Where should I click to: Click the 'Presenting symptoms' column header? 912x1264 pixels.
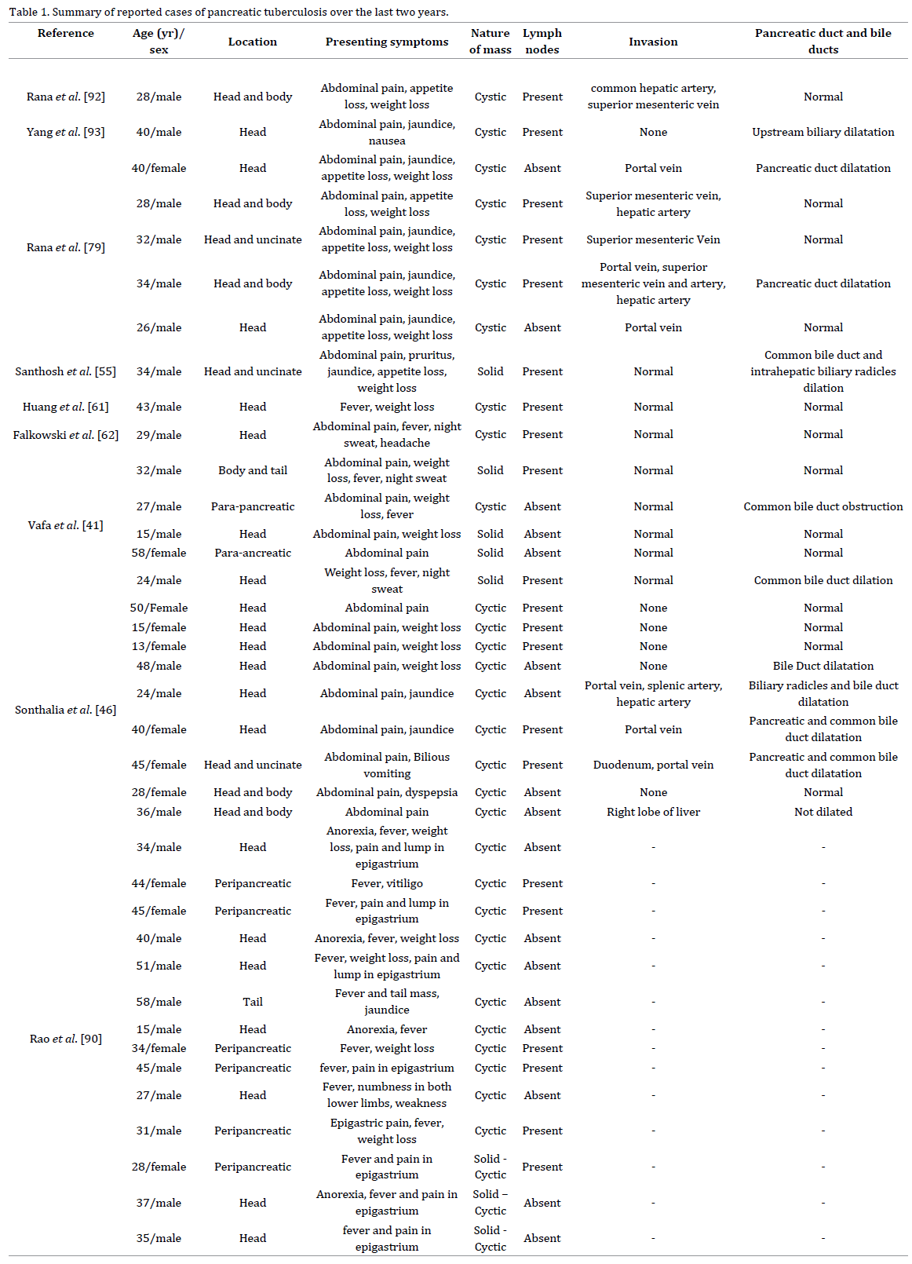[x=387, y=42]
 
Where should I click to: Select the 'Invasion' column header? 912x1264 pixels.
[x=653, y=42]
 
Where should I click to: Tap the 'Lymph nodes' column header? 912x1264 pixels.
[x=542, y=42]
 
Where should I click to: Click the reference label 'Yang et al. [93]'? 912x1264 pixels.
[x=66, y=132]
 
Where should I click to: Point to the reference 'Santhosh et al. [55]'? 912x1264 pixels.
[x=66, y=371]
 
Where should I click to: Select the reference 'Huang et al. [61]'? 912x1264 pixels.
[x=66, y=407]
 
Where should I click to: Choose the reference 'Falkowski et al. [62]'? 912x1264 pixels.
[x=66, y=435]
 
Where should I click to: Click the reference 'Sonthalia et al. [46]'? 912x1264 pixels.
[x=66, y=710]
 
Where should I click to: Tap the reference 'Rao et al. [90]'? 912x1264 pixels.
[x=66, y=1039]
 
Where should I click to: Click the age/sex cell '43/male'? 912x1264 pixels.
[x=159, y=407]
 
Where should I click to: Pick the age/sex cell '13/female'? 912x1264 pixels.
[x=159, y=646]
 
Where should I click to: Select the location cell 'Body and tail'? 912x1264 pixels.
[x=253, y=470]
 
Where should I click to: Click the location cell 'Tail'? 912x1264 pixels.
[x=253, y=1002]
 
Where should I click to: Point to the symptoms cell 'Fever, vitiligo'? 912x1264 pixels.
[x=387, y=883]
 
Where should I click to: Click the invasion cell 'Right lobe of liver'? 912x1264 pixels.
[x=653, y=812]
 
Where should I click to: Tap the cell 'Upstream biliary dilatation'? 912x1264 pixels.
[x=823, y=132]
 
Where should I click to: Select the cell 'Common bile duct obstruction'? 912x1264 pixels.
[x=823, y=506]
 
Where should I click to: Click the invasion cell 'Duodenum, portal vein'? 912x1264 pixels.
[x=653, y=765]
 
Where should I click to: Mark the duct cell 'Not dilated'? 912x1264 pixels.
[x=823, y=812]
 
